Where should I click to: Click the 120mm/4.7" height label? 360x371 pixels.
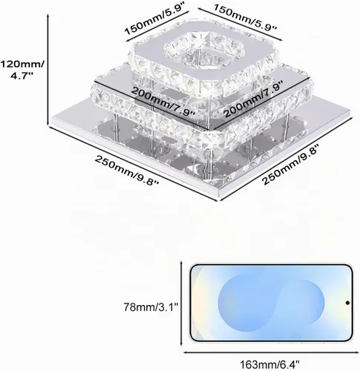pos(22,70)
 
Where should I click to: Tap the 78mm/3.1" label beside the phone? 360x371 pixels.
pos(151,308)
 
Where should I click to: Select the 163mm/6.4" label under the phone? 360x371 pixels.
pos(269,364)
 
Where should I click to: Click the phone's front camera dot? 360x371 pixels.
pos(347,303)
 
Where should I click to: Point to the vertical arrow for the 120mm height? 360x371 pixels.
pos(48,70)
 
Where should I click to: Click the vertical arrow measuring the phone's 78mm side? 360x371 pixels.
pos(182,303)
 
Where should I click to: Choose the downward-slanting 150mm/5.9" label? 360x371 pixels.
pos(245,17)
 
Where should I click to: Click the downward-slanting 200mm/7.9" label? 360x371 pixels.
pos(163,101)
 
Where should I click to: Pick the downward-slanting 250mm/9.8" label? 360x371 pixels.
pos(127,171)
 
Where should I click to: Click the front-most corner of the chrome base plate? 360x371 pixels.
pos(219,200)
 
